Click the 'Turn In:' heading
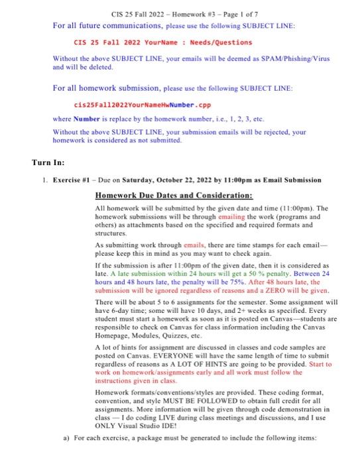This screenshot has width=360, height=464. tap(50, 162)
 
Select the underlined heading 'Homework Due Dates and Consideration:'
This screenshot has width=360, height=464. tap(174, 196)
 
